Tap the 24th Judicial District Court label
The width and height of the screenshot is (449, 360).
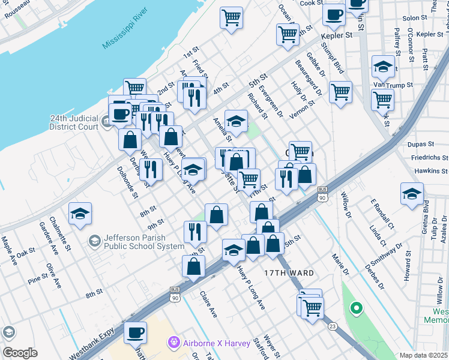[x=74, y=122]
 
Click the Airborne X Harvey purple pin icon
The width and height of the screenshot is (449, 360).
[x=175, y=341]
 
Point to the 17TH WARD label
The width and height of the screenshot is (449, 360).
[x=289, y=273]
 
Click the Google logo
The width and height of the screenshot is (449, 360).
[x=19, y=353]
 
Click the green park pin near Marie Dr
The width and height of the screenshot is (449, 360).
[x=357, y=309]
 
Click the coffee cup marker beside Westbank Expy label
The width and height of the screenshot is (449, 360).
[x=136, y=332]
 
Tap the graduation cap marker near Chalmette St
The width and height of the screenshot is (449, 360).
[x=79, y=214]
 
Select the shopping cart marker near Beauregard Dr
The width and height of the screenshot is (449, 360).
[x=340, y=92]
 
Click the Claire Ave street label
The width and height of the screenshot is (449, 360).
[x=208, y=305]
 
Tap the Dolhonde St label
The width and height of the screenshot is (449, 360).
[x=128, y=182]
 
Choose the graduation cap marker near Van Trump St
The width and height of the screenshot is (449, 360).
[x=382, y=67]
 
